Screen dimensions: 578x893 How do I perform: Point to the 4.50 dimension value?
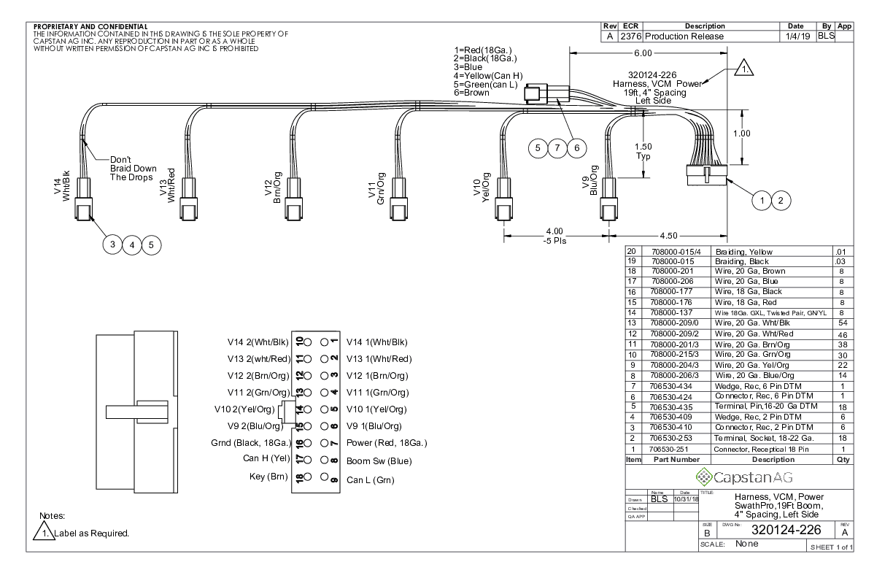point(669,236)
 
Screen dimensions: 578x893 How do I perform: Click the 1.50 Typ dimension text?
point(644,151)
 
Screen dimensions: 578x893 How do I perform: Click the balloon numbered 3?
point(112,244)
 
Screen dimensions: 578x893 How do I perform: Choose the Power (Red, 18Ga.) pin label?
point(386,443)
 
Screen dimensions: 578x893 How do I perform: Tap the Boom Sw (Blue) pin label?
point(379,461)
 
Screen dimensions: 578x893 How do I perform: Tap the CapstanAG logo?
point(739,477)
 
